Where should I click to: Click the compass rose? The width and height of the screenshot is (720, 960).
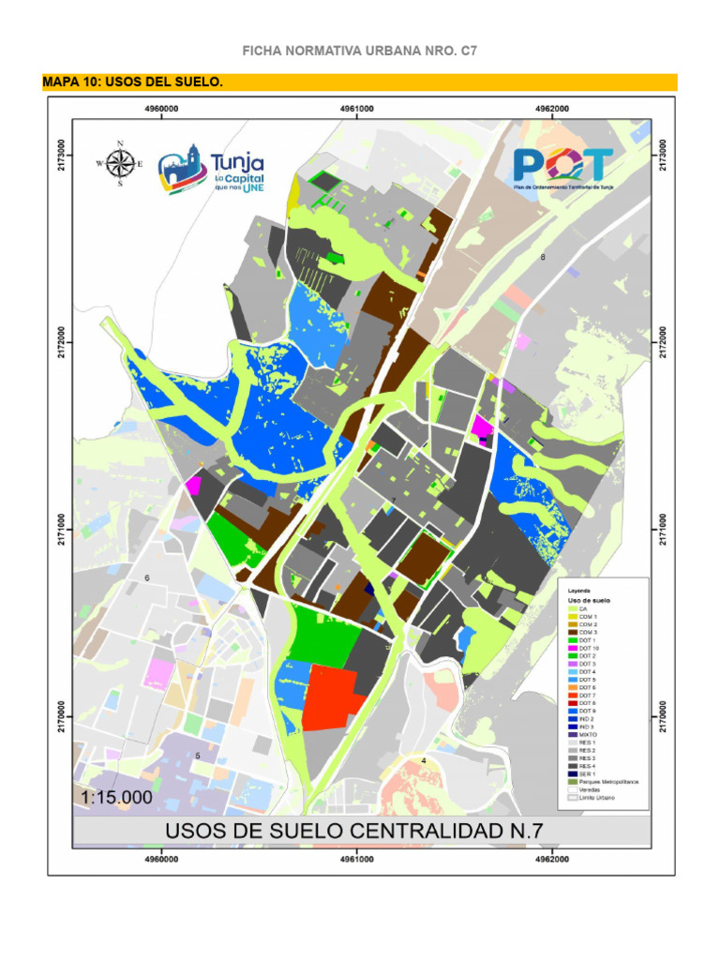click(119, 163)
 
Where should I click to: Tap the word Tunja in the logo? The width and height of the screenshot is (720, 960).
click(237, 163)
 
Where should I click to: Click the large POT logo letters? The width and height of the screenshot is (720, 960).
click(562, 165)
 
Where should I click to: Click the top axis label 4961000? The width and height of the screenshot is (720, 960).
click(357, 109)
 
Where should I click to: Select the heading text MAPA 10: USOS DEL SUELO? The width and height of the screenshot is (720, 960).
click(133, 82)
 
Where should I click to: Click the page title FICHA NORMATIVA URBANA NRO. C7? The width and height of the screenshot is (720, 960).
click(360, 50)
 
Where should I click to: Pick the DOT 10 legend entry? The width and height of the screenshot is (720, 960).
click(588, 648)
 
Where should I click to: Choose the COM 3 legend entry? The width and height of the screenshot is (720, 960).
click(588, 632)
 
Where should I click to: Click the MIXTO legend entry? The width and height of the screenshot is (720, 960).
click(588, 734)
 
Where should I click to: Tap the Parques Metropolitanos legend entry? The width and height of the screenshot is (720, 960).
click(607, 781)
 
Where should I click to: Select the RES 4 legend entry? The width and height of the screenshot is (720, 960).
click(588, 765)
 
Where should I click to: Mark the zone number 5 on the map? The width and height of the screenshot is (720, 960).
click(198, 756)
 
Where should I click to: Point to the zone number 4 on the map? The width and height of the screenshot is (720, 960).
click(424, 760)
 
